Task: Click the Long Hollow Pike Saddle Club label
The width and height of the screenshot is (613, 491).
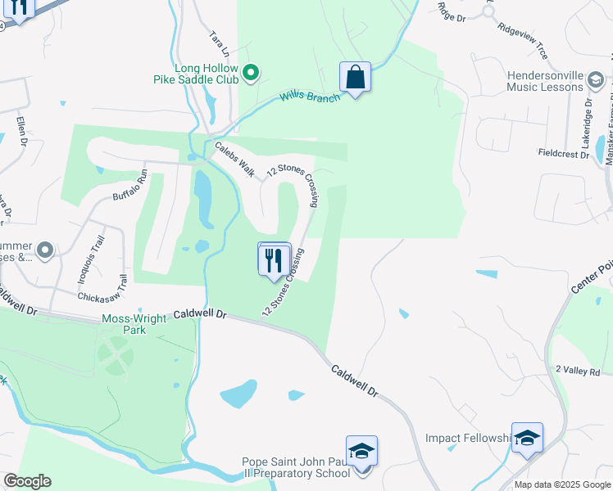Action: pyautogui.click(x=206, y=74)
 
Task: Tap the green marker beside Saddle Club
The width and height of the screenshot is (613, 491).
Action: pyautogui.click(x=252, y=74)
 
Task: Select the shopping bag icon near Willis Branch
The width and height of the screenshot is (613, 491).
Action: pyautogui.click(x=355, y=78)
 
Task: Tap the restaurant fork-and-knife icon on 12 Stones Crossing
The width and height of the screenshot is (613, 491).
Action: pyautogui.click(x=275, y=261)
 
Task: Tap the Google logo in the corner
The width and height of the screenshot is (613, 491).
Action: pyautogui.click(x=26, y=481)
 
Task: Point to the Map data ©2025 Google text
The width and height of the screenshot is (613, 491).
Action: pyautogui.click(x=562, y=484)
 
